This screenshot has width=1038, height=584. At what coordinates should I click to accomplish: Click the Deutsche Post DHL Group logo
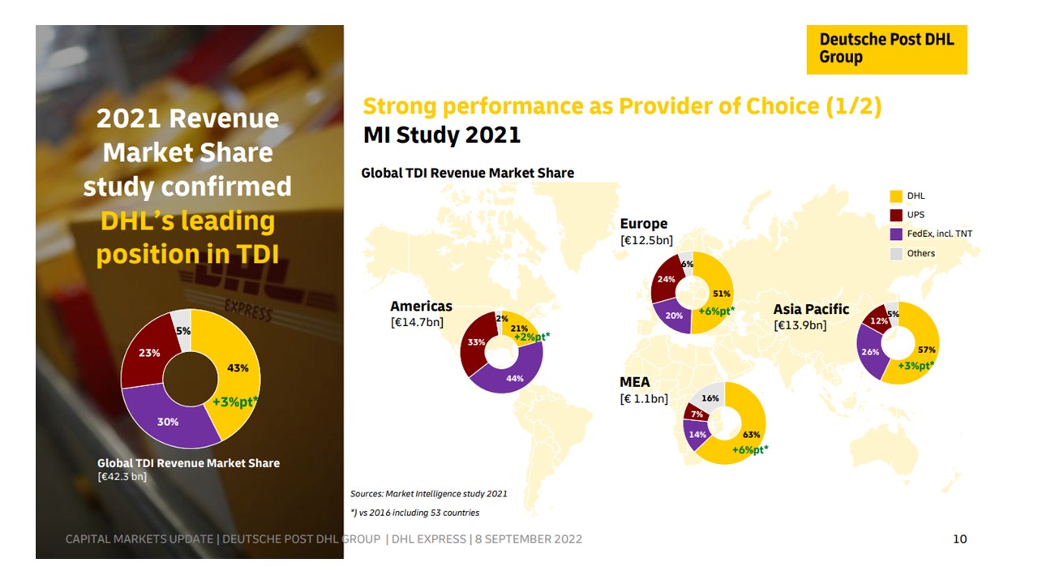coord(886,49)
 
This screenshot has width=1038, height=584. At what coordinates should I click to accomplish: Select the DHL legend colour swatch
coord(896,196)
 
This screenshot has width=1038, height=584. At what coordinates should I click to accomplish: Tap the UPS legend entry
coord(916,215)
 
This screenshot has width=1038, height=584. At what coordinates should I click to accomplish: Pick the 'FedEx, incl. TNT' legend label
coord(940,234)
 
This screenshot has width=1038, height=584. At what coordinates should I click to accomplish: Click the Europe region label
coord(643,224)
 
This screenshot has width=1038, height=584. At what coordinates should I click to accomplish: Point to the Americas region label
coord(421,307)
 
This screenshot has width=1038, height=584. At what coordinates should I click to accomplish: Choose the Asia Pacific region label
coord(811,309)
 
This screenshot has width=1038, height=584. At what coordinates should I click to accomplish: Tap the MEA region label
coord(635,382)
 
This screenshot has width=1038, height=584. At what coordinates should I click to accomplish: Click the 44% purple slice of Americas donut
coord(513,379)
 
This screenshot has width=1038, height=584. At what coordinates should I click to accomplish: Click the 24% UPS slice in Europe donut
coord(667,279)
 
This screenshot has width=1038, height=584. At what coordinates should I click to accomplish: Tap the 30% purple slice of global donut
coord(169,422)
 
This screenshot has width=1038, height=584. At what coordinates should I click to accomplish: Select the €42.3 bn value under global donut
coord(122,476)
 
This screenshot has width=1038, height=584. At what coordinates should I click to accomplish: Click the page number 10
coord(959,539)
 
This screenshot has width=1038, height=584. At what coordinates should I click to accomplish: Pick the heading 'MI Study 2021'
coord(442,135)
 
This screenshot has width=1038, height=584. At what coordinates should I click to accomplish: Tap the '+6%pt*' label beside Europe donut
coord(716,311)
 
